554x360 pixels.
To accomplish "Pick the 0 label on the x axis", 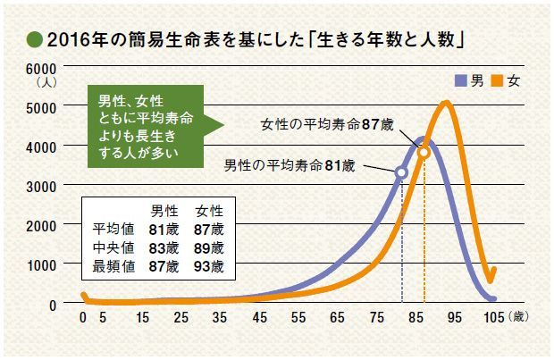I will click(82, 318).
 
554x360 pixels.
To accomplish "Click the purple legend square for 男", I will click(461, 81).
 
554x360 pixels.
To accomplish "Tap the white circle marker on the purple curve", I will click(401, 172).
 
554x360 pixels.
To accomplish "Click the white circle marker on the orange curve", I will click(424, 153).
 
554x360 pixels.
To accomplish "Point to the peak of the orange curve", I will click(446, 104).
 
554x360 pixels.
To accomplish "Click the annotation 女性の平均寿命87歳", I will click(327, 124).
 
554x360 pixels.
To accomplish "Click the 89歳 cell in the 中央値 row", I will click(212, 247).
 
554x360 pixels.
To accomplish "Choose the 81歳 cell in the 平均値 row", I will click(167, 230).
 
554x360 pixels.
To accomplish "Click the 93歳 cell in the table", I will click(212, 266).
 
